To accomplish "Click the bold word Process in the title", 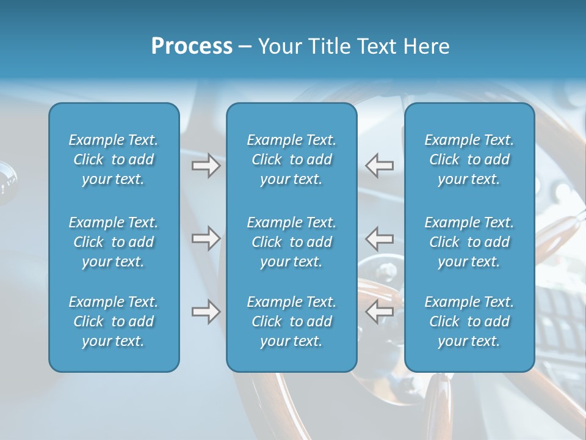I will [x=192, y=46].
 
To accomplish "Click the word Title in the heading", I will [x=330, y=46].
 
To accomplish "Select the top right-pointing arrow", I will [x=206, y=166].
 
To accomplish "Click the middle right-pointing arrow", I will [x=206, y=238].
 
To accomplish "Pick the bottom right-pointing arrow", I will [x=206, y=312].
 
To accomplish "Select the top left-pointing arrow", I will [x=379, y=166].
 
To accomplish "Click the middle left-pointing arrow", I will [x=379, y=238].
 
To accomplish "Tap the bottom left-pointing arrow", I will [x=379, y=312].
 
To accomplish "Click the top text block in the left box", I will [x=114, y=159].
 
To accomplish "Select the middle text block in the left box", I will [x=114, y=242].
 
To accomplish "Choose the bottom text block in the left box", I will [x=114, y=321].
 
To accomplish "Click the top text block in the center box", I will [x=291, y=159].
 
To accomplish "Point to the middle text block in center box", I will [x=291, y=242].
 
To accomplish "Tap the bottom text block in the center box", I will [x=291, y=321].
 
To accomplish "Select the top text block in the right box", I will [x=469, y=159].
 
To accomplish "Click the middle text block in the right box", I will [x=469, y=242].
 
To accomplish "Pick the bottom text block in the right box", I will [x=469, y=321].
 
